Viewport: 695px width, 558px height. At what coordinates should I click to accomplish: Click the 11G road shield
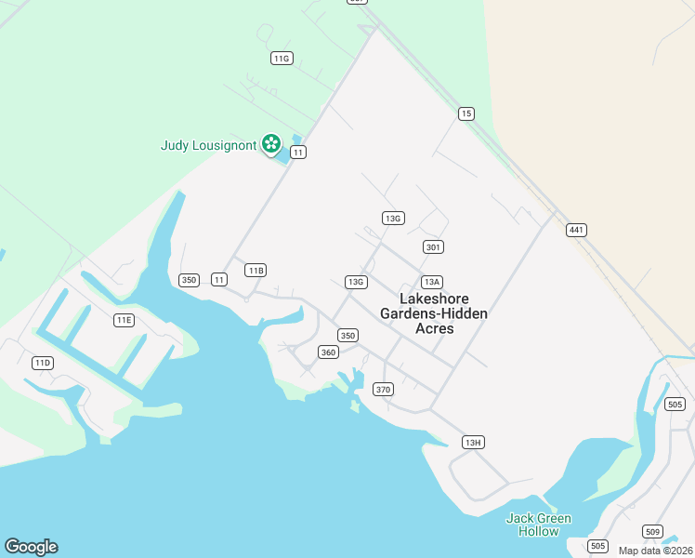[x=282, y=58]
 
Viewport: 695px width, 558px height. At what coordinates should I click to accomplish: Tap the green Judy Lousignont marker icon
[x=270, y=143]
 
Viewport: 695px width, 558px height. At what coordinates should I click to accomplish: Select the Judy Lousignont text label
[x=208, y=145]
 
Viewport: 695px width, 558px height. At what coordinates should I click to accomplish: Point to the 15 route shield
[x=466, y=113]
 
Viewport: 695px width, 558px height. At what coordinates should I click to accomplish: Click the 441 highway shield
[x=577, y=230]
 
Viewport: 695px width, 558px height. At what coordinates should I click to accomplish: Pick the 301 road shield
[x=433, y=246]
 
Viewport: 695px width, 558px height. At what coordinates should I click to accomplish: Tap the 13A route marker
[x=431, y=282]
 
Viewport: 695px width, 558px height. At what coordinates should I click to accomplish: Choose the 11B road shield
[x=256, y=270]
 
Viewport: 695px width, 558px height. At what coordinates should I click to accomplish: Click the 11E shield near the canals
[x=124, y=320]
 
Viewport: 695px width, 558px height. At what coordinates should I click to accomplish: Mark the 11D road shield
[x=42, y=363]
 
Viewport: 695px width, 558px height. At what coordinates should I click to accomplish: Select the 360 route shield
[x=328, y=352]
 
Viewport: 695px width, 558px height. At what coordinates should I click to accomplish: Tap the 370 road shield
[x=383, y=389]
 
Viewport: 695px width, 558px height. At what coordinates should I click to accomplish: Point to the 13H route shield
[x=473, y=442]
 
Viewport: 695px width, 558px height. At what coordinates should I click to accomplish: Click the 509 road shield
[x=652, y=532]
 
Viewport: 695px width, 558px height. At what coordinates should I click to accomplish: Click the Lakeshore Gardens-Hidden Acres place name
[x=434, y=313]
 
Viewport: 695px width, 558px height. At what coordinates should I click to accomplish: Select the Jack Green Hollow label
[x=539, y=525]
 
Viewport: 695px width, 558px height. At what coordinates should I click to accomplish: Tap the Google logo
[x=31, y=547]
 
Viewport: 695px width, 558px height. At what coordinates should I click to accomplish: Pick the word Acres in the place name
[x=434, y=328]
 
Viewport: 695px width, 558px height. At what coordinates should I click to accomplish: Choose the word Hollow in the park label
[x=539, y=531]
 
